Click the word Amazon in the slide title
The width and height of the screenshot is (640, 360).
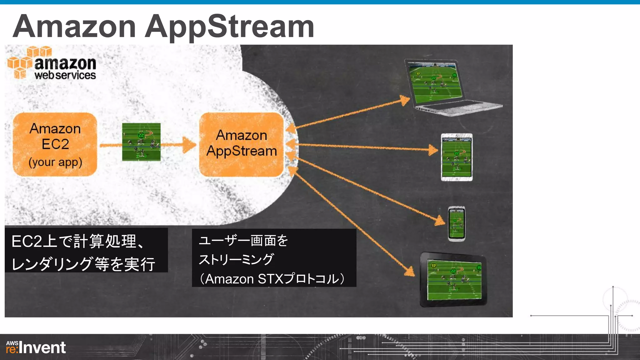[x=74, y=27]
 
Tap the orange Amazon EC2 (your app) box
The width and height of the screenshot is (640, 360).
[x=55, y=144]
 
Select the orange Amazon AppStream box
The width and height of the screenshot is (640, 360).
[x=241, y=144]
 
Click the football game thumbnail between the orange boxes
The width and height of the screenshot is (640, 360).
[x=141, y=142]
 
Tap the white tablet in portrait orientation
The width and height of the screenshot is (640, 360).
[x=457, y=157]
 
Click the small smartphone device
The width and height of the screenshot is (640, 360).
[x=457, y=224]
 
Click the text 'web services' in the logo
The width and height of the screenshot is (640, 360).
[x=65, y=75]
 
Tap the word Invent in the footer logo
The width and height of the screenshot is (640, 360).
[x=42, y=348]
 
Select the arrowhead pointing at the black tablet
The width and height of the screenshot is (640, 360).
[x=410, y=271]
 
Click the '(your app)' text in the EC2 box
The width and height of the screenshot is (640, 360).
[x=55, y=162]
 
